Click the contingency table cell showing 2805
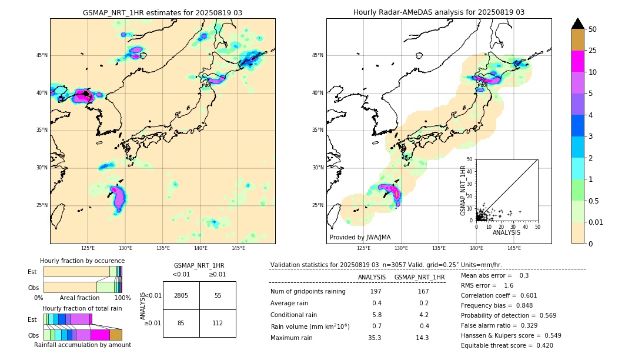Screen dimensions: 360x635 click(x=181, y=295)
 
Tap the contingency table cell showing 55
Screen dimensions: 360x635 click(x=218, y=295)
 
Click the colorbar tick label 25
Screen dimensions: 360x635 click(x=593, y=51)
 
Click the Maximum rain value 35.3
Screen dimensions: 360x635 click(x=375, y=338)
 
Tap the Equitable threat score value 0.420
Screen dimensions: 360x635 click(x=542, y=345)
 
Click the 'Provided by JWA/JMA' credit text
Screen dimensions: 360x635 click(x=360, y=238)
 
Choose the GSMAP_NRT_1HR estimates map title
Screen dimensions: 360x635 click(x=162, y=12)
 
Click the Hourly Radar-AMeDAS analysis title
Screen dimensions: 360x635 click(x=439, y=12)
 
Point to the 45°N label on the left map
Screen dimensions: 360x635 click(x=42, y=55)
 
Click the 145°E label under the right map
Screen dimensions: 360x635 click(x=514, y=248)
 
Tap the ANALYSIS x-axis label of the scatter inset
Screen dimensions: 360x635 click(x=506, y=232)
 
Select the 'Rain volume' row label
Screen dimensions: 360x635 click(x=310, y=326)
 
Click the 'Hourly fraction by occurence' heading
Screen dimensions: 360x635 click(x=82, y=261)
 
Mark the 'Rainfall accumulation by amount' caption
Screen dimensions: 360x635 click(x=82, y=345)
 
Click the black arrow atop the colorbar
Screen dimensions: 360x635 click(x=578, y=24)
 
